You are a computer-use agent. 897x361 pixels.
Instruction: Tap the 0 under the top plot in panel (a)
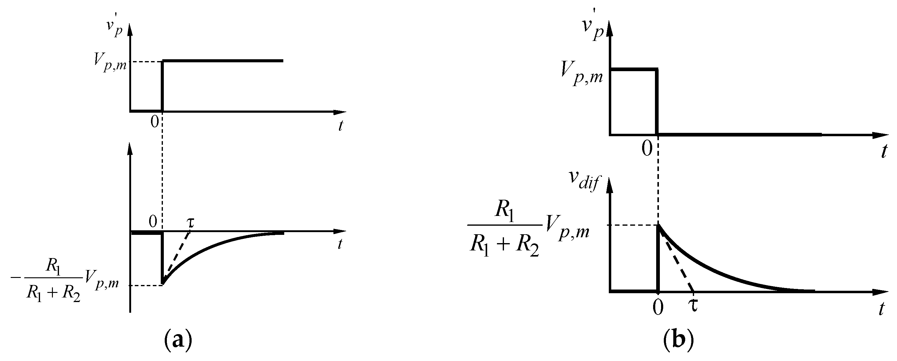(x=155, y=122)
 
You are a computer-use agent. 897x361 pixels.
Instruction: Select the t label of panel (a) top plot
(x=340, y=125)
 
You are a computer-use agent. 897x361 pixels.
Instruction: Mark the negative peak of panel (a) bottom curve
(x=162, y=283)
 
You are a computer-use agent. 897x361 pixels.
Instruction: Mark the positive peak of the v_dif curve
(x=658, y=226)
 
